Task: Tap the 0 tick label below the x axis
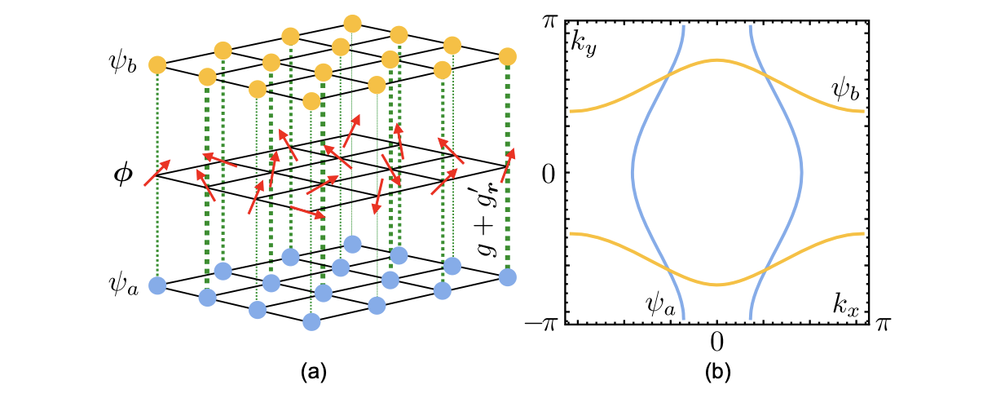point(716,338)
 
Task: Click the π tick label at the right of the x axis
point(883,325)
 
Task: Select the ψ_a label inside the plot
point(659,306)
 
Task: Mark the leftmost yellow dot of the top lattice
point(157,64)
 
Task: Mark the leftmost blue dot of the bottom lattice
point(157,286)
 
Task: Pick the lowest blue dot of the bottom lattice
point(311,321)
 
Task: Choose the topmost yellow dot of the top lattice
point(352,22)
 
